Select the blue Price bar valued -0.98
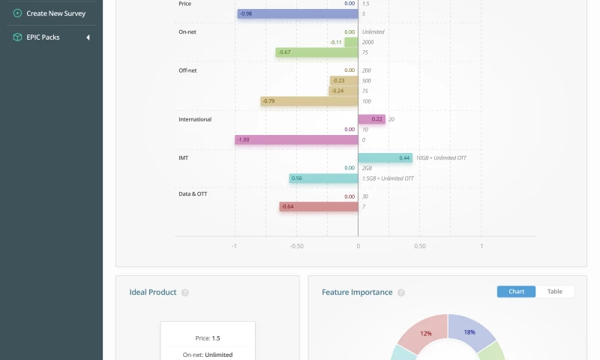tap(297, 13)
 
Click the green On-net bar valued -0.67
tap(316, 52)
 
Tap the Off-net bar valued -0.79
tap(309, 101)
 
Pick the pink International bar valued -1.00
tap(296, 139)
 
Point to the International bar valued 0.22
tap(371, 119)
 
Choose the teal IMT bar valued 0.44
tap(385, 158)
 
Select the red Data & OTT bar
tap(319, 206)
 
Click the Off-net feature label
tap(187, 70)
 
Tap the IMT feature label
tap(183, 158)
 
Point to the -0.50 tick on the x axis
tap(296, 246)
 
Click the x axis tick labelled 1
tap(481, 246)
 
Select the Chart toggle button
tap(516, 292)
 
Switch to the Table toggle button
tap(555, 292)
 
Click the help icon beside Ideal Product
tap(185, 292)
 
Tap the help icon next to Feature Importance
tap(401, 292)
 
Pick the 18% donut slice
tap(471, 332)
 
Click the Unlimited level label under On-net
tap(373, 32)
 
